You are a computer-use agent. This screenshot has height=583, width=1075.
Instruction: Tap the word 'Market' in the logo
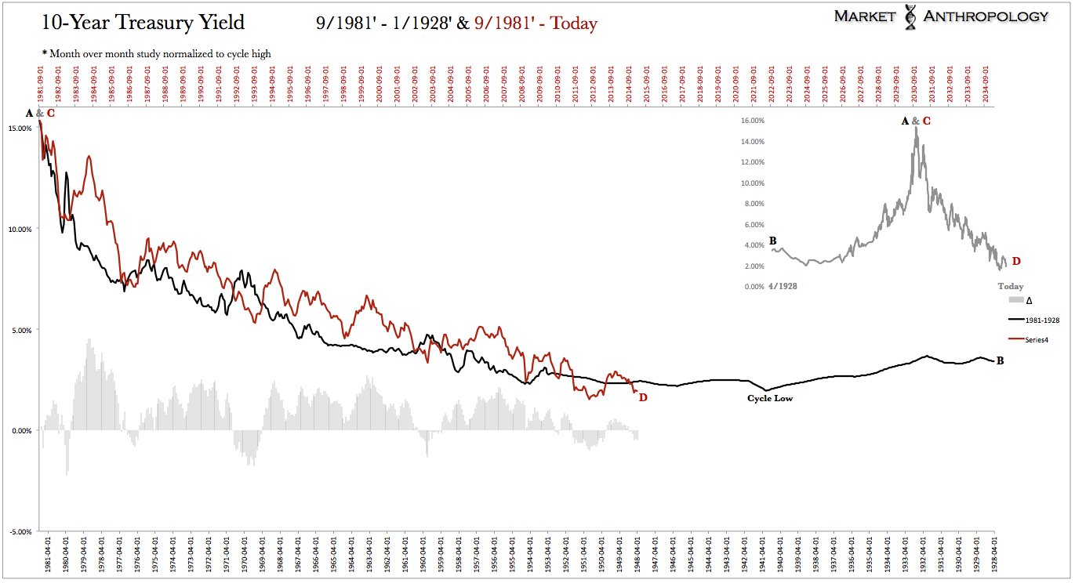coord(864,16)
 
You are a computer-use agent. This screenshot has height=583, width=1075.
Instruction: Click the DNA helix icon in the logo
coord(911,16)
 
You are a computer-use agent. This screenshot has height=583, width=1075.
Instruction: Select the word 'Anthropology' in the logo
coord(986,16)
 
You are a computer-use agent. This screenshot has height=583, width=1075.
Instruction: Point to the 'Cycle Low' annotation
coord(770,398)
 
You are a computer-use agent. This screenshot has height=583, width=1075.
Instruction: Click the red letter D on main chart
coord(643,397)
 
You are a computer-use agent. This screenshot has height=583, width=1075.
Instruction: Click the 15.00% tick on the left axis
coord(20,129)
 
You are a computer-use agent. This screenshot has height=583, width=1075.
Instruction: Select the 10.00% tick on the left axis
coord(20,229)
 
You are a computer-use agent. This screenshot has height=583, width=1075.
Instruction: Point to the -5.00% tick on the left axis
coord(20,531)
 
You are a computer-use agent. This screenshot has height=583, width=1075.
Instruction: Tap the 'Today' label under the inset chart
coord(1010,287)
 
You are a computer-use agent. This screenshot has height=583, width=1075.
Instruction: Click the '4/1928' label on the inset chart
coord(783,287)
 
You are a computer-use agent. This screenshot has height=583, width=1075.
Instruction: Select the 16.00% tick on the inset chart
coord(751,121)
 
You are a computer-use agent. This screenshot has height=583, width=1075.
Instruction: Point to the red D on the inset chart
coord(1016,261)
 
